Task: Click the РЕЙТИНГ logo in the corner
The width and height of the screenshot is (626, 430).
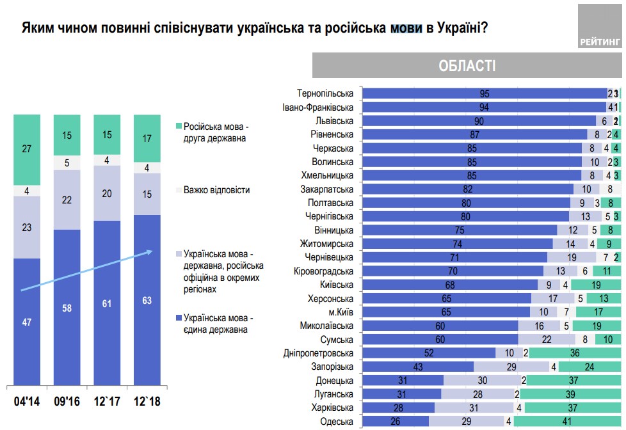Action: tap(600, 26)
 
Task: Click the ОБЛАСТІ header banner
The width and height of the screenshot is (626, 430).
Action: tap(467, 66)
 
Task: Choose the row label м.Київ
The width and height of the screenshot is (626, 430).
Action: tap(340, 312)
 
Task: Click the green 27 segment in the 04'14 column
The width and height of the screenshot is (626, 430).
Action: tap(26, 150)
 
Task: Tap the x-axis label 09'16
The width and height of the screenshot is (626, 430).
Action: tap(67, 402)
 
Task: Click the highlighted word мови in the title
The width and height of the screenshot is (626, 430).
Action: tap(405, 29)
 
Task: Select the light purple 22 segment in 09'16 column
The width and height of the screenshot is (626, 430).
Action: tap(67, 199)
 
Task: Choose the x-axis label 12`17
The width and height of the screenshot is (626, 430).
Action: tap(107, 402)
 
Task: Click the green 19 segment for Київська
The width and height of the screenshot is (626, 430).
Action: tap(595, 285)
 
